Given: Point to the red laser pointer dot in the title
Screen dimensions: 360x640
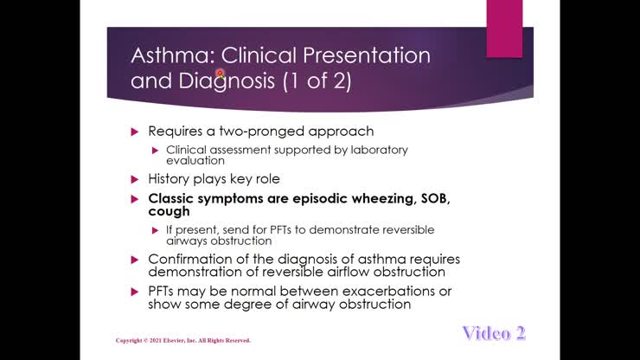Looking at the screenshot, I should coord(221,74).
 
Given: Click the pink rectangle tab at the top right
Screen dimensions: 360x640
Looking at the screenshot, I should coord(503,29).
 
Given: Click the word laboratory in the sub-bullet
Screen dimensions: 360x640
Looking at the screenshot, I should coord(375,150).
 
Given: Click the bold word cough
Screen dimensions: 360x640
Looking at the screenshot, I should coord(169,210).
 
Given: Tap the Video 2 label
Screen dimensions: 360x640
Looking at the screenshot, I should coord(494,333).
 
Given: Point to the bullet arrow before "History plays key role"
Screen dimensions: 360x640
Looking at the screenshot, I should coord(135,179).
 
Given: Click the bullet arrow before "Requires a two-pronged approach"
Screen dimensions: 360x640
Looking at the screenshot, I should coord(135,132).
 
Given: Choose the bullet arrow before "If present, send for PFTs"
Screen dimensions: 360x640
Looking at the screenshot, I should coord(156,230).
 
